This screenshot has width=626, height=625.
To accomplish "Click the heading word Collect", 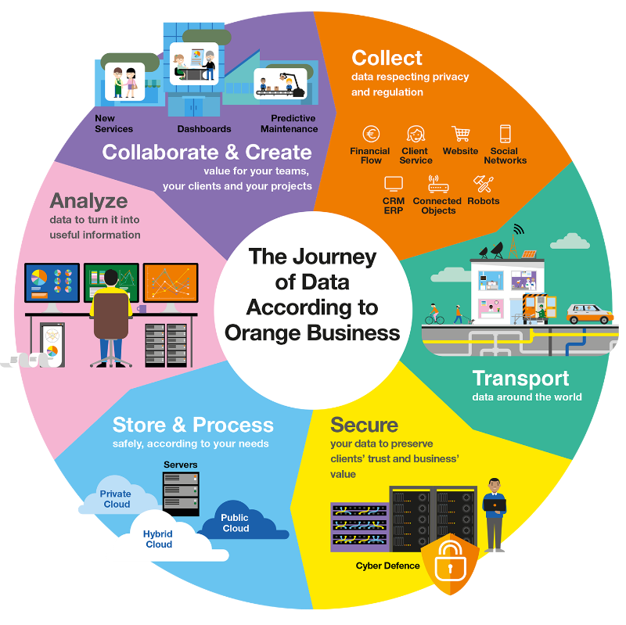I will [x=387, y=58].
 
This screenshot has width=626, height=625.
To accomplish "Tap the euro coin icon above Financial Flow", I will [x=371, y=134].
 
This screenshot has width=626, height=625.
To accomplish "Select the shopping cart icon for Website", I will [x=460, y=134].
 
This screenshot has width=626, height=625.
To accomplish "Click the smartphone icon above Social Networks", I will [x=505, y=134].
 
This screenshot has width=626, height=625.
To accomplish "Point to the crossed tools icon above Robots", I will [x=483, y=184].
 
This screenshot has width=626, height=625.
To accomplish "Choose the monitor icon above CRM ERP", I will [x=394, y=184].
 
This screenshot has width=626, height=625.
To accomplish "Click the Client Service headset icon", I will [x=415, y=134].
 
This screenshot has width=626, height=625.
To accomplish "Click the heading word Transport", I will [x=520, y=379].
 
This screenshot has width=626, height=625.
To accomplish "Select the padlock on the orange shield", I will [x=450, y=559].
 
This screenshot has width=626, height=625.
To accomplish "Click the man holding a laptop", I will [x=495, y=512].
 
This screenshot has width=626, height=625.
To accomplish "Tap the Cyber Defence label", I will [x=387, y=566].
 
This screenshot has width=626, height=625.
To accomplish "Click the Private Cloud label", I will [x=117, y=499].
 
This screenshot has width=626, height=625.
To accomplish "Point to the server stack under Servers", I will [x=181, y=493].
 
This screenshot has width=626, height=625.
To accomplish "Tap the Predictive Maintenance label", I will [x=289, y=124].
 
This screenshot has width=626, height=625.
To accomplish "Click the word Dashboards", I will [x=204, y=129].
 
